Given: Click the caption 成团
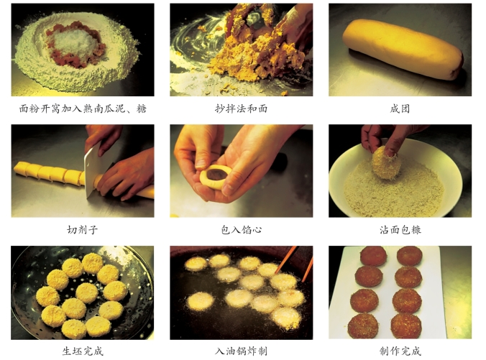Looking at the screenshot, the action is point(400,109).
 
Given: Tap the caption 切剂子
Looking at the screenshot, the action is point(83,230).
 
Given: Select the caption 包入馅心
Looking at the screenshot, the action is point(241,230).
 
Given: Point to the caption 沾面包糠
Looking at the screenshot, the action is point(400,230).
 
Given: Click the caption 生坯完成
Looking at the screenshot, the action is point(83,351).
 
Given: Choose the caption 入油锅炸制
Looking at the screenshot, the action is point(241,351).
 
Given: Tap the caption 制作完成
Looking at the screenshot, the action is point(400,351).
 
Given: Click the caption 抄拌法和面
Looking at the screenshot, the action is point(241,109).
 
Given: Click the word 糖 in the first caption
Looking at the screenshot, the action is point(142,109).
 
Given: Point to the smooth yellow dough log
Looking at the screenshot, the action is point(403,49).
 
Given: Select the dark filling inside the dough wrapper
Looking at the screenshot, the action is point(217,174).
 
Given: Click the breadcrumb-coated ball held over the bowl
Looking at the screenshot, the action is point(386,162).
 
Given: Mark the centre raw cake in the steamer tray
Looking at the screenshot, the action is point(87,292).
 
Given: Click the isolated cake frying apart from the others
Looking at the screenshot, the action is point(201,301).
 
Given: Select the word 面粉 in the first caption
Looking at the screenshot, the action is point(29,109).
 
